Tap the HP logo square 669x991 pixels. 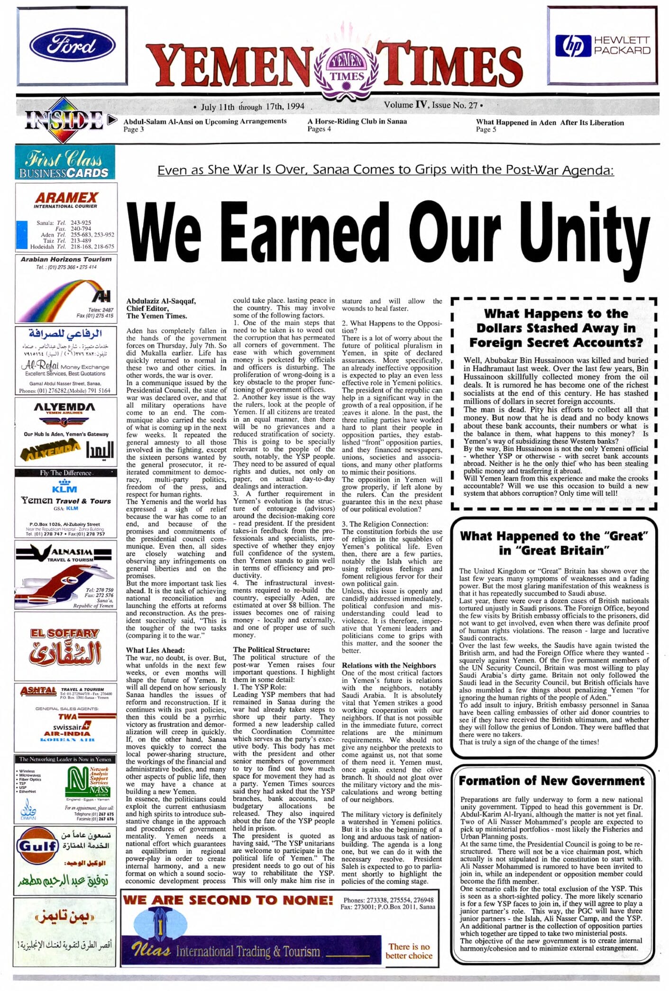pos(572,45)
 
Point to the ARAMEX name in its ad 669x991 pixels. pos(66,197)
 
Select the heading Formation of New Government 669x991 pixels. pos(552,781)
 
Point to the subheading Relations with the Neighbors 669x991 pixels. pos(388,665)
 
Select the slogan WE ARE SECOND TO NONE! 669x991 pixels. pos(228,900)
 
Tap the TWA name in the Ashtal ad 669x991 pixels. pos(68,716)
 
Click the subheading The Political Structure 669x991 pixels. pos(271,649)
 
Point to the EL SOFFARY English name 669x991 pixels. pos(65,633)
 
